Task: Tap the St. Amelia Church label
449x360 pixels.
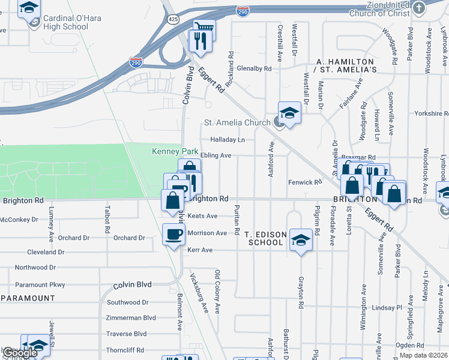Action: pyautogui.click(x=237, y=123)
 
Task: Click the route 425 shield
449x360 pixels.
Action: pyautogui.click(x=173, y=20)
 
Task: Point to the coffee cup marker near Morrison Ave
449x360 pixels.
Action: pyautogui.click(x=174, y=233)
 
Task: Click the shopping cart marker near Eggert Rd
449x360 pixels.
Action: pyautogui.click(x=204, y=26)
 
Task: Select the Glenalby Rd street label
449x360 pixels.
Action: pyautogui.click(x=254, y=68)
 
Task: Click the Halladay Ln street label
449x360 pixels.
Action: pyautogui.click(x=228, y=140)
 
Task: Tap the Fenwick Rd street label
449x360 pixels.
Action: pyautogui.click(x=305, y=182)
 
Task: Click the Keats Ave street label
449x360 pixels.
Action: pyautogui.click(x=202, y=216)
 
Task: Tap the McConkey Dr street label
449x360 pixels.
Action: pyautogui.click(x=19, y=220)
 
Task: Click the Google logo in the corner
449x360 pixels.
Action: pyautogui.click(x=19, y=353)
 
